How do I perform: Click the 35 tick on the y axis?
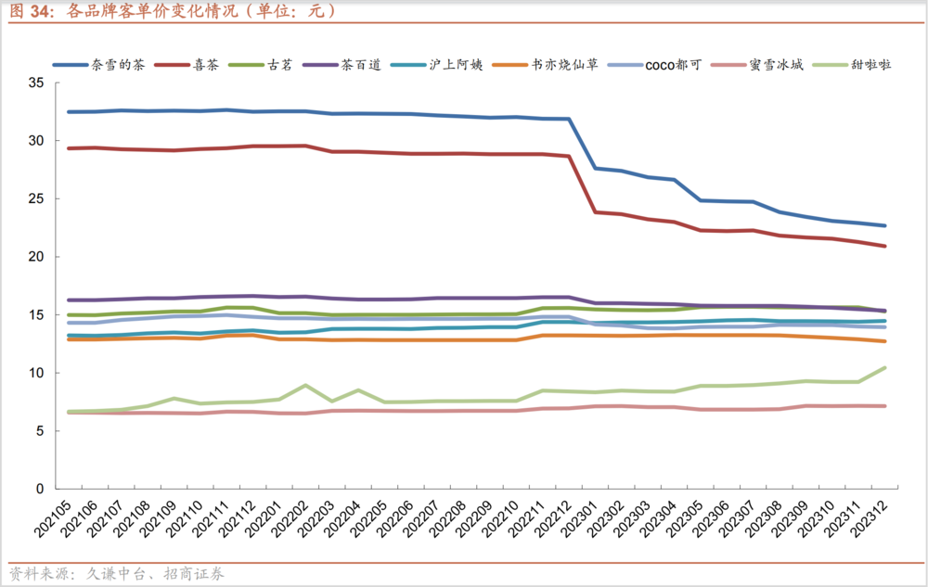tap(36, 83)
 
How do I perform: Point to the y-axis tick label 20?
tap(36, 257)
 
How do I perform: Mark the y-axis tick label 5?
tap(40, 431)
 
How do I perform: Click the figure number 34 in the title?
tap(40, 11)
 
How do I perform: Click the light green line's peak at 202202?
tap(305, 385)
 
